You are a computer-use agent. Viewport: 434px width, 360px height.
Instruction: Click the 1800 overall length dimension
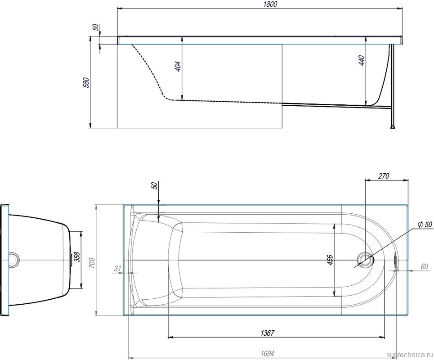[x=270, y=4]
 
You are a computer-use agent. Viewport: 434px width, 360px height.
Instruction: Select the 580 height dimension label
[x=86, y=82]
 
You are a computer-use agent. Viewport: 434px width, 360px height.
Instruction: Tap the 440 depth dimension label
[x=362, y=61]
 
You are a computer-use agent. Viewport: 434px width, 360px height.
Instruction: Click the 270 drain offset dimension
[x=384, y=176]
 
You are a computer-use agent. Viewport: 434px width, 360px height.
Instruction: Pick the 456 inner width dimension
[x=330, y=260]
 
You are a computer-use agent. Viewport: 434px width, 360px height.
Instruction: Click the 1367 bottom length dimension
[x=268, y=333]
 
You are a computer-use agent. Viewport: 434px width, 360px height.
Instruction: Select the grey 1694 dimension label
[x=268, y=354]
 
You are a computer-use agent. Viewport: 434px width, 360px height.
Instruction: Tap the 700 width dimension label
[x=92, y=262]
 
